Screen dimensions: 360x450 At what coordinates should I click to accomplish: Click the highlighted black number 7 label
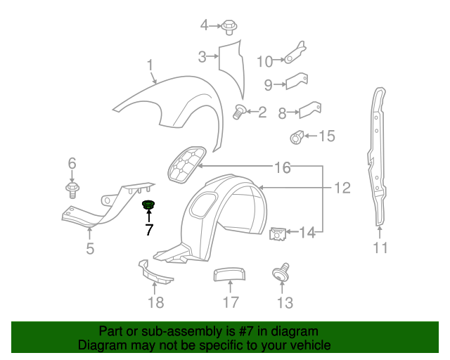(x=149, y=229)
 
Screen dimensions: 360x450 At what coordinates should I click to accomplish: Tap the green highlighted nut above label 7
(x=148, y=205)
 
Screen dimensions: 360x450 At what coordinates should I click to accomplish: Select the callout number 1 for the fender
(x=150, y=66)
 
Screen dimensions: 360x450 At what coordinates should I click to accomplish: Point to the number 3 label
(x=201, y=56)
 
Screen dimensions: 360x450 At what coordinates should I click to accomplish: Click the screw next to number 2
(x=239, y=111)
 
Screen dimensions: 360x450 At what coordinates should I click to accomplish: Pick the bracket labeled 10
(x=295, y=53)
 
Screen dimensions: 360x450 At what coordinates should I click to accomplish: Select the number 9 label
(x=268, y=85)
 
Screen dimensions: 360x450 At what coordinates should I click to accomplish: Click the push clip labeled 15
(x=298, y=136)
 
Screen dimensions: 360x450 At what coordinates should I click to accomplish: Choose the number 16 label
(x=282, y=167)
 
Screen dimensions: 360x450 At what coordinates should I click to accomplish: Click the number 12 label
(x=342, y=188)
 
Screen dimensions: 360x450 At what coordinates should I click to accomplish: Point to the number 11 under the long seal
(x=380, y=247)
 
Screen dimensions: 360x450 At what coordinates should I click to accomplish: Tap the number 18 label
(x=155, y=302)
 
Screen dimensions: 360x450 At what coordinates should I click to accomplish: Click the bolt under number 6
(x=72, y=190)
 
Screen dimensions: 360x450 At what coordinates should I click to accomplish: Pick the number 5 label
(x=90, y=248)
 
